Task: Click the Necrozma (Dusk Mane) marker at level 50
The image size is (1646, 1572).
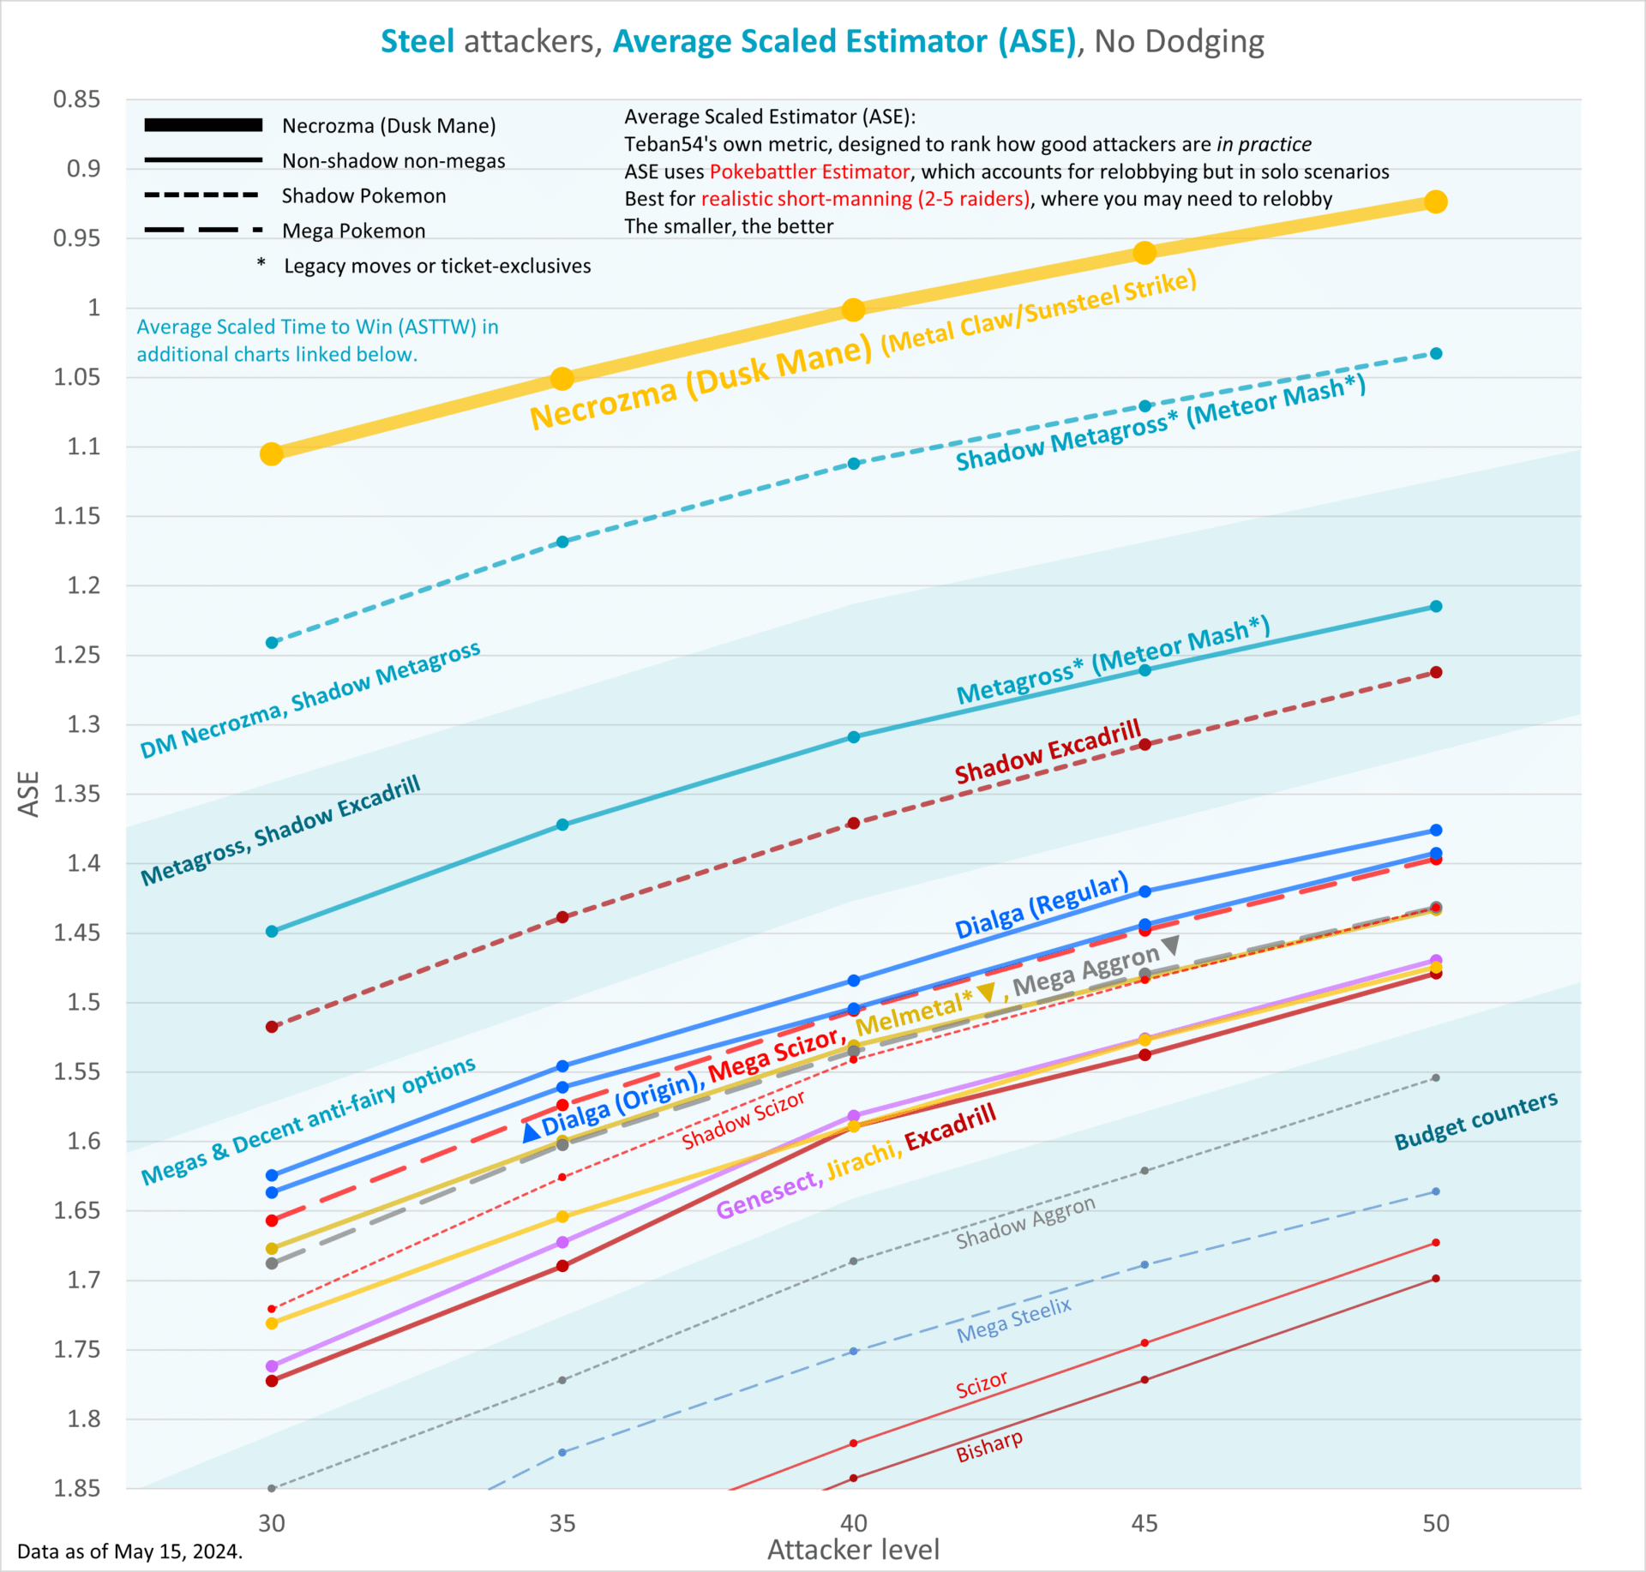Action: pos(1435,201)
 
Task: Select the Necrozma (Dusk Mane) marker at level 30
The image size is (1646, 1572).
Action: pos(272,453)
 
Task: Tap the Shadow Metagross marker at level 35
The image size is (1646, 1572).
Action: pos(562,542)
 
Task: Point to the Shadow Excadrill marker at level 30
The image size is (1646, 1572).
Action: pos(272,1026)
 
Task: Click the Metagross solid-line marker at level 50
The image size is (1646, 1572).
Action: pos(1435,606)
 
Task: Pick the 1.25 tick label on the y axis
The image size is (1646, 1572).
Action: pos(76,655)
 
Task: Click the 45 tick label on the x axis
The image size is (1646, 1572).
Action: pos(1144,1523)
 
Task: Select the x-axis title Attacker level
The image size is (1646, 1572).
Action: pos(853,1550)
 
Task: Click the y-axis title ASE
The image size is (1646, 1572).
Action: pos(29,794)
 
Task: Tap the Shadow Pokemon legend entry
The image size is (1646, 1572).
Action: pos(363,195)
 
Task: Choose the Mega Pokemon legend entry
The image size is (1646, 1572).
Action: pos(353,231)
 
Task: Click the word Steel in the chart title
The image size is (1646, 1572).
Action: pos(418,41)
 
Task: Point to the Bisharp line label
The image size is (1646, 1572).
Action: pos(989,1446)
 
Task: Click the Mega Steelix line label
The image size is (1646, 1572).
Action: pos(1014,1320)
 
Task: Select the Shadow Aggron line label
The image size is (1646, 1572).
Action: pos(1025,1222)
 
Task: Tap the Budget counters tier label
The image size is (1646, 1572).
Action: pos(1475,1120)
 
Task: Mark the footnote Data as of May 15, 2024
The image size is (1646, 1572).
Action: pos(129,1551)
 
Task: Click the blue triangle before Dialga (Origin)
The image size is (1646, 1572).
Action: pos(531,1132)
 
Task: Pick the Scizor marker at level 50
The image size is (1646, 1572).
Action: pos(1435,1242)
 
